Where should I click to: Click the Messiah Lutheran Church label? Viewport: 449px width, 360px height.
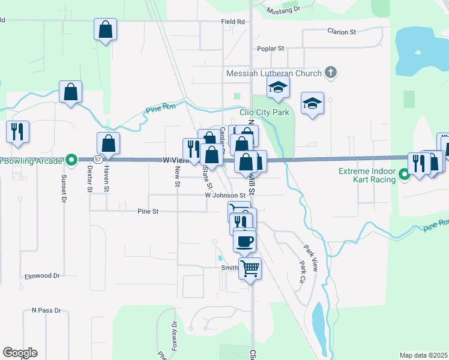[x=274, y=73]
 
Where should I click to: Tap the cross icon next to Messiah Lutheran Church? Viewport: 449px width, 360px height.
[x=330, y=73]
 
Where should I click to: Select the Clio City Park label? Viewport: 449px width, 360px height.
[x=264, y=112]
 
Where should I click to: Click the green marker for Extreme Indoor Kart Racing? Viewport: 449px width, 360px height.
[x=404, y=175]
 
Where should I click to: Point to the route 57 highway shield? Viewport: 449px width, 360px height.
[x=97, y=160]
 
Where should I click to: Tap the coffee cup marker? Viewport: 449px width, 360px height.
[x=244, y=241]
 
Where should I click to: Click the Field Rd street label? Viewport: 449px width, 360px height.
[x=233, y=22]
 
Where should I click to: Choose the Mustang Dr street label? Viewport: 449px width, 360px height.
[x=285, y=10]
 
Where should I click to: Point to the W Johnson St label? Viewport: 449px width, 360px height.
[x=225, y=195]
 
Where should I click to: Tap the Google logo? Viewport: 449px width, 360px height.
[x=20, y=353]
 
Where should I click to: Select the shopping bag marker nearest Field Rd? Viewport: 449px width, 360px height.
[x=105, y=30]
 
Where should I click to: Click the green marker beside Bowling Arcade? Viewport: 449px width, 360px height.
[x=71, y=160]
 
